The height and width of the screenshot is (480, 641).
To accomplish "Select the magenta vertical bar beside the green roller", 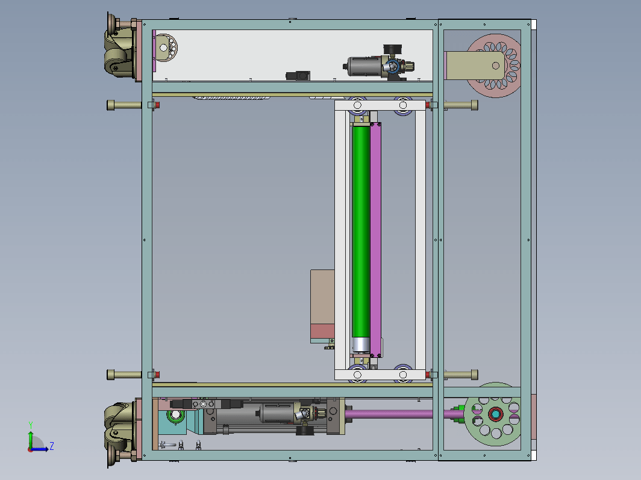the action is pos(375,239).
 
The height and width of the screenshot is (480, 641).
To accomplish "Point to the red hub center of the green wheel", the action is pos(495,414).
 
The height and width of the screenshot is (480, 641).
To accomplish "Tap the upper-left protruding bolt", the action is pos(124,105).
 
